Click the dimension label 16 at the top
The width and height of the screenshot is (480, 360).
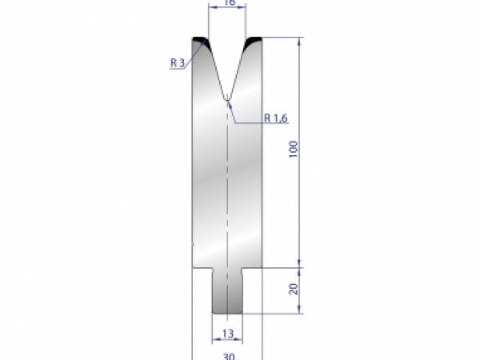[x=227, y=3]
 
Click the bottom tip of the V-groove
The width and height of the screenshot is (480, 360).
[x=228, y=99]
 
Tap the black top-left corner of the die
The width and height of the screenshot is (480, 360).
[x=200, y=41]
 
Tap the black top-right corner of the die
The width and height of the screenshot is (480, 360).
[x=255, y=41]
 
